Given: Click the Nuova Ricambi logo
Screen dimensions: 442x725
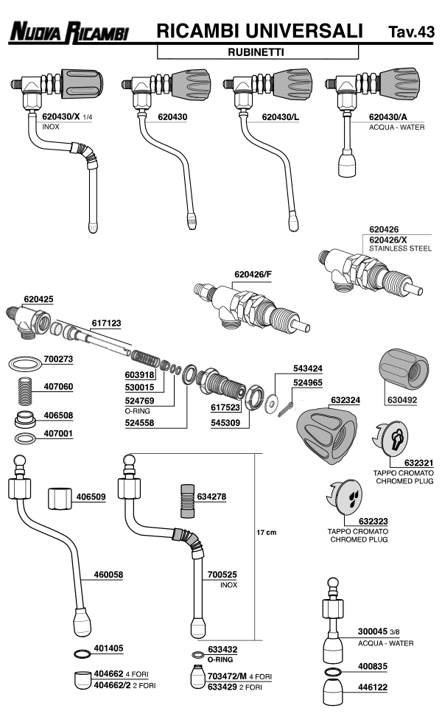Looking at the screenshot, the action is click(x=69, y=32).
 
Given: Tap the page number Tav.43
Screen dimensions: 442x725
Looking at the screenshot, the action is click(x=412, y=32).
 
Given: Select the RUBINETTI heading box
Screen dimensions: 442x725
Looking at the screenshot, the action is click(x=258, y=52).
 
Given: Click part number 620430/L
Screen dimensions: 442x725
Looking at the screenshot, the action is click(x=280, y=117).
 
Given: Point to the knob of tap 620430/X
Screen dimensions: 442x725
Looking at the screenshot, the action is click(x=82, y=83).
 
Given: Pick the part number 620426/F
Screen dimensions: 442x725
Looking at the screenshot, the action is click(x=253, y=274).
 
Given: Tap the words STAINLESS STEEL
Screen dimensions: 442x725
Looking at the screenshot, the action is click(x=401, y=248).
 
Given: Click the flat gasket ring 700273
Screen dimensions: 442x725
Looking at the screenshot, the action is click(x=25, y=363).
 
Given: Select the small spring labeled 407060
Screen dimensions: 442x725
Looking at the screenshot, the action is click(x=25, y=391).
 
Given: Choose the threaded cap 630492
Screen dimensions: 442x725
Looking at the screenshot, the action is click(x=404, y=370).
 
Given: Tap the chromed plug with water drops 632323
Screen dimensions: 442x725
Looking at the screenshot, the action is click(x=345, y=497).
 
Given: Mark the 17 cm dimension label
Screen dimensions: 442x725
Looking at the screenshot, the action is click(x=267, y=533).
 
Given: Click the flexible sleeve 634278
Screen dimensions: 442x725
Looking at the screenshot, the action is click(x=187, y=501).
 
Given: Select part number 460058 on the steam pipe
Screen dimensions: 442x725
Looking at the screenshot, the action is click(x=108, y=575).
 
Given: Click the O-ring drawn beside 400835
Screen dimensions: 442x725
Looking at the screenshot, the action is click(x=334, y=671).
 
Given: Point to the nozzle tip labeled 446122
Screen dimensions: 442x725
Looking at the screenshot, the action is click(x=334, y=692).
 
